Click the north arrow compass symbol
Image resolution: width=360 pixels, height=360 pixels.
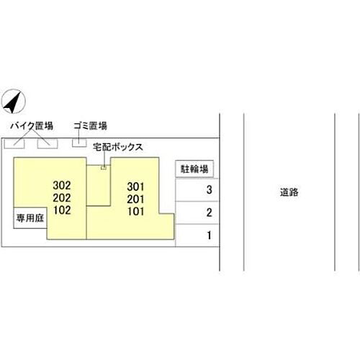(x=13, y=102)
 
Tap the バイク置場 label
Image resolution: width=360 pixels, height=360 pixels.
(x=32, y=126)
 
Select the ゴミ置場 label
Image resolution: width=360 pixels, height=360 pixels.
(x=90, y=126)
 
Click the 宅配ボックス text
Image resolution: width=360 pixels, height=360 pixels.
(x=118, y=147)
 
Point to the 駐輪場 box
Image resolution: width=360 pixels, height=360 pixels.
(x=194, y=169)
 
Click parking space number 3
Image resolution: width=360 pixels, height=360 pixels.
(x=209, y=190)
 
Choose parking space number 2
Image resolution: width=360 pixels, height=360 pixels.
(x=209, y=212)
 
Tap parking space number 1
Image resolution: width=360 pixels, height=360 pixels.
(x=210, y=235)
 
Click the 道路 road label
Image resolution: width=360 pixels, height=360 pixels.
(x=289, y=192)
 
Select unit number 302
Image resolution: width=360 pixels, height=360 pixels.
(x=62, y=185)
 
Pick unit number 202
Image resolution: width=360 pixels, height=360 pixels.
(x=62, y=198)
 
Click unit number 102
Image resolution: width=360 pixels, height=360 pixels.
(x=62, y=210)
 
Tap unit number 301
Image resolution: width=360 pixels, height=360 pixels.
(x=135, y=186)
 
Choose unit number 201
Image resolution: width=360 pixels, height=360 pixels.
(x=135, y=199)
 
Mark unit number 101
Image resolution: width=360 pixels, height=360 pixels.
(x=136, y=212)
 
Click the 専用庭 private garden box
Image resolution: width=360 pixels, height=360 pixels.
(x=30, y=218)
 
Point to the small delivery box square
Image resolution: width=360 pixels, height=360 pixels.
(x=104, y=168)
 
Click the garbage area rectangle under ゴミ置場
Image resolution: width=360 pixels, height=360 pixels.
(x=79, y=143)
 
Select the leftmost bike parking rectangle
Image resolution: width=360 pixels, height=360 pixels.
(x=14, y=143)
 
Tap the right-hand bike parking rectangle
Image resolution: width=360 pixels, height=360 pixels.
(x=48, y=143)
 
